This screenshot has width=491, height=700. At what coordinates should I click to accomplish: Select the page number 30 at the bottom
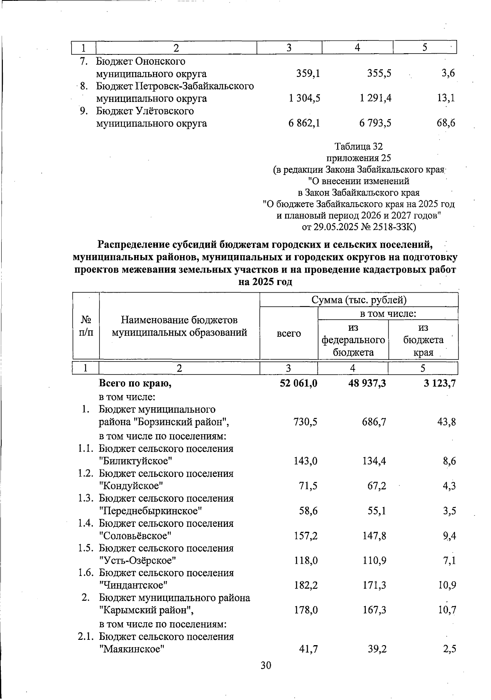tap(266, 666)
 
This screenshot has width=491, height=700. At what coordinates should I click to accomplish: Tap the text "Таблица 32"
tap(358, 147)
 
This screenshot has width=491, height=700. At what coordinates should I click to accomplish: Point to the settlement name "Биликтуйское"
tap(135, 461)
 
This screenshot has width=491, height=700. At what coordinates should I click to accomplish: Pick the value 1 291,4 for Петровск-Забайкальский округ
tap(375, 98)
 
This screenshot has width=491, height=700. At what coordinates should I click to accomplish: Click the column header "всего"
tap(289, 334)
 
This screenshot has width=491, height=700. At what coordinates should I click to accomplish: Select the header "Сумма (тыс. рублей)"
tap(359, 300)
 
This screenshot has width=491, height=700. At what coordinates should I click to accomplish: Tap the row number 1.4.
tap(86, 523)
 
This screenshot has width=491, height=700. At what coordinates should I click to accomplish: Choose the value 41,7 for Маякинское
tap(307, 648)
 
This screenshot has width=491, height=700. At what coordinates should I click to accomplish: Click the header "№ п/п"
tap(86, 326)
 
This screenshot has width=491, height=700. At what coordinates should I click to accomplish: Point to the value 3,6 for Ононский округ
tap(448, 74)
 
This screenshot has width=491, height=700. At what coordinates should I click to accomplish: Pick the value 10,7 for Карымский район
tap(447, 610)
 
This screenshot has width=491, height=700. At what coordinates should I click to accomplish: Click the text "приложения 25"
tap(358, 158)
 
